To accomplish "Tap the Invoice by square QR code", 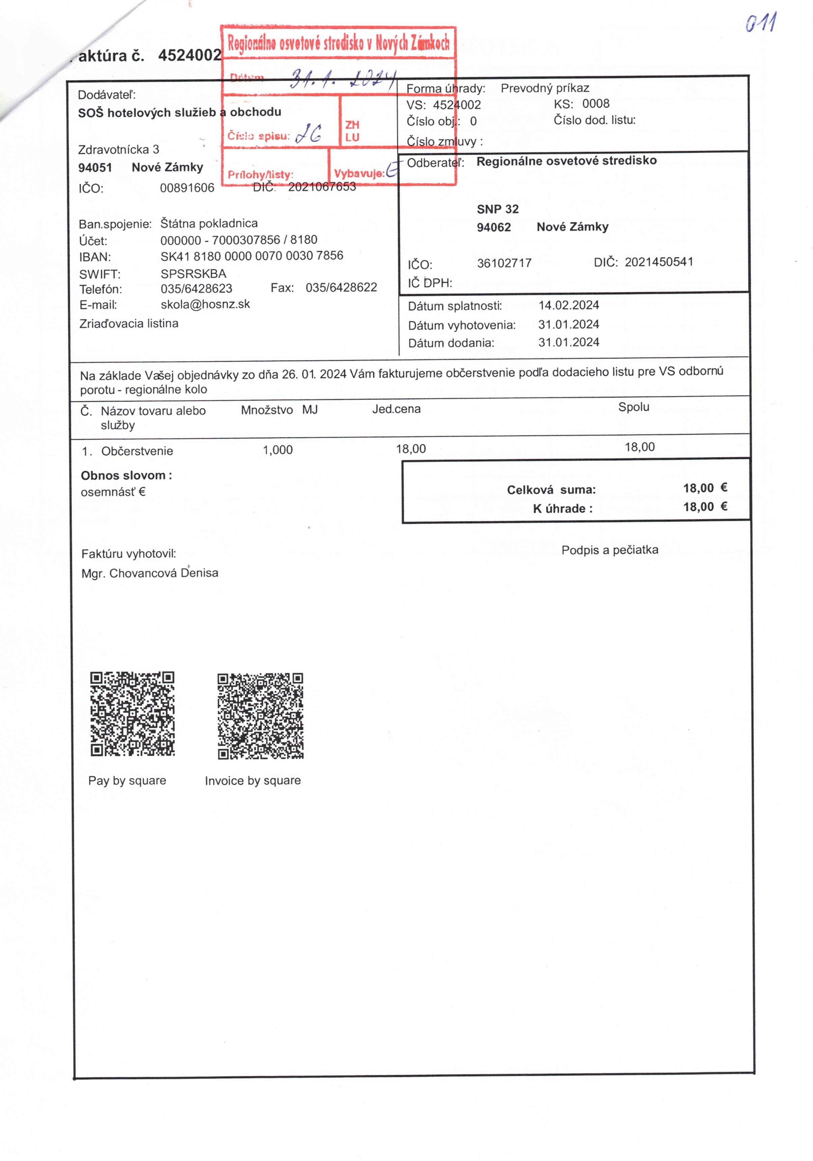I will [x=260, y=715].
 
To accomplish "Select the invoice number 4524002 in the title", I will [x=189, y=55].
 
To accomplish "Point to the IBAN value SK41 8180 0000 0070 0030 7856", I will [x=252, y=256].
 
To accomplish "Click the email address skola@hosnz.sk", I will [x=205, y=304].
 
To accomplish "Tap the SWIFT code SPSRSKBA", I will [x=193, y=274].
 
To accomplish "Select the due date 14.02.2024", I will [x=568, y=305].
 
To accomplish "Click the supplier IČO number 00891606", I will [x=187, y=188].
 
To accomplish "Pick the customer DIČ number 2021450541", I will [x=659, y=262].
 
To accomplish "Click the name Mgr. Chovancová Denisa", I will [x=150, y=573].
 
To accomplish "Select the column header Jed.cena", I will [x=396, y=409].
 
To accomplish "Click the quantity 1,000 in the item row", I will [x=277, y=450].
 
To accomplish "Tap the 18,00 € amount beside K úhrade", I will [x=705, y=507].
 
